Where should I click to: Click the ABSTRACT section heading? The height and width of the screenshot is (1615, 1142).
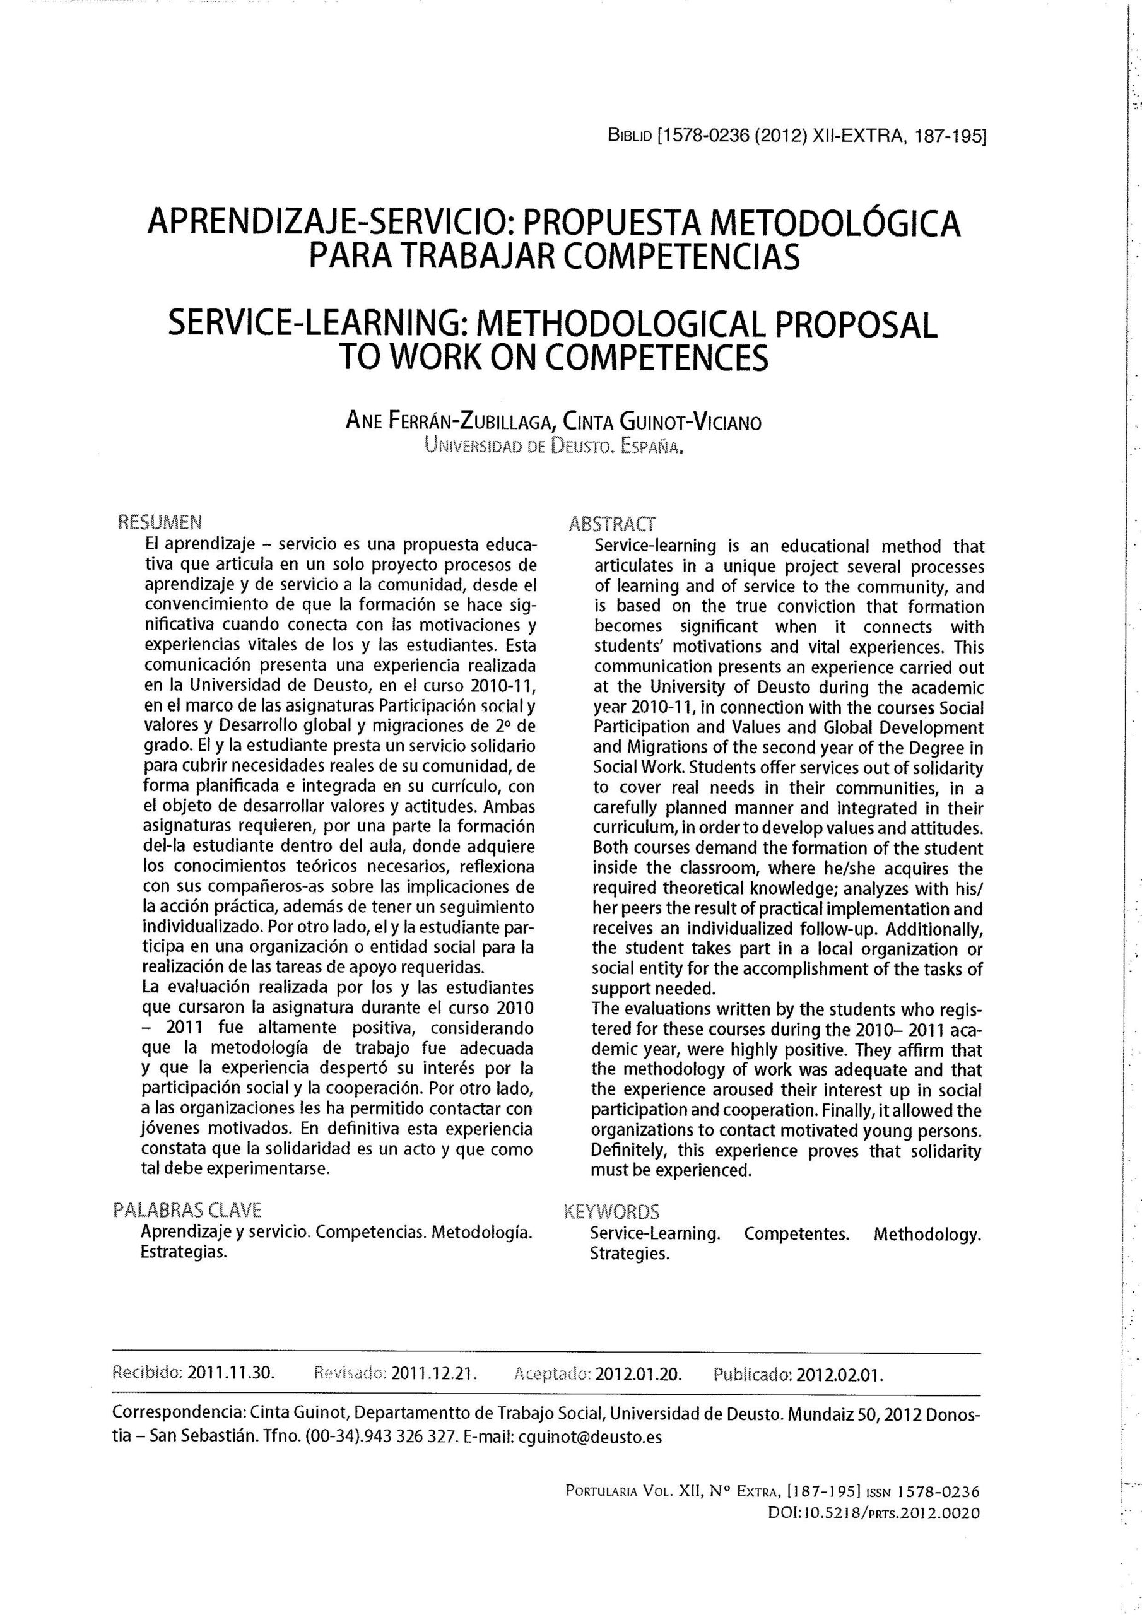point(611,524)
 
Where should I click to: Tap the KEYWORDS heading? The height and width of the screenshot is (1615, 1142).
point(611,1212)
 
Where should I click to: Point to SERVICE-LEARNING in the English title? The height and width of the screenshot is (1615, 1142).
point(319,324)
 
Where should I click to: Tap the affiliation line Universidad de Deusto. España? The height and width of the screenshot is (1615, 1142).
point(554,445)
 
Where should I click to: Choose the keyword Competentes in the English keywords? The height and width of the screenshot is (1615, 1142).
point(796,1234)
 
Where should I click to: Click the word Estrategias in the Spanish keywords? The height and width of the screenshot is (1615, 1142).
point(184,1252)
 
